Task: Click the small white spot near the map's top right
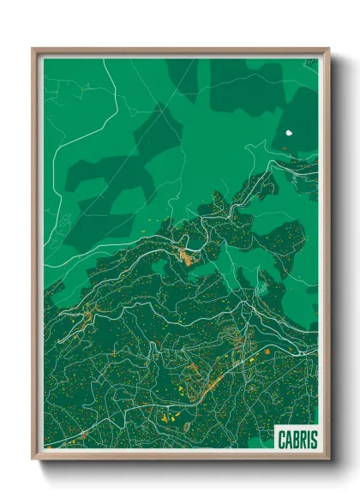click(289, 134)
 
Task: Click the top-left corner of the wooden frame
click(33, 50)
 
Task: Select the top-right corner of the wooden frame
click(327, 50)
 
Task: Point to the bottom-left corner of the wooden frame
click(33, 459)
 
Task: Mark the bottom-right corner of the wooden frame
click(327, 459)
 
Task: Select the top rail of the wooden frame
click(180, 51)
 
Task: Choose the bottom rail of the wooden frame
click(180, 457)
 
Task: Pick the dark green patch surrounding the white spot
click(297, 120)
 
